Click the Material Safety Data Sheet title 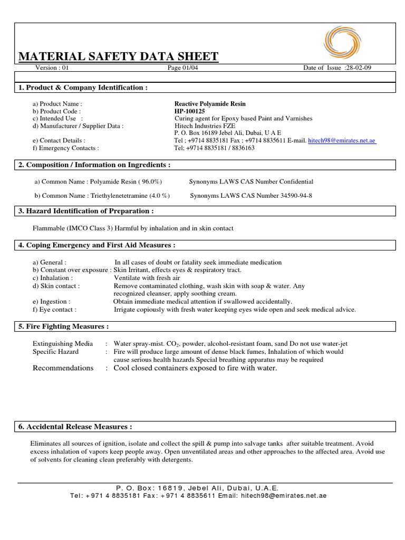(118, 57)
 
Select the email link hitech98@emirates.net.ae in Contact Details (342, 141)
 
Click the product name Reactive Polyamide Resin (210, 104)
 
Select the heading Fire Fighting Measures (64, 327)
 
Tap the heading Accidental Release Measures (75, 426)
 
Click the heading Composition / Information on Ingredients (94, 165)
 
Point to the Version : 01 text (52, 68)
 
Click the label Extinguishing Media (63, 343)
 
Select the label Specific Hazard (56, 351)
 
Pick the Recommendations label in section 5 (63, 368)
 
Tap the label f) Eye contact (54, 310)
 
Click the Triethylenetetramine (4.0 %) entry (102, 196)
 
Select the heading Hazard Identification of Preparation (86, 211)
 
